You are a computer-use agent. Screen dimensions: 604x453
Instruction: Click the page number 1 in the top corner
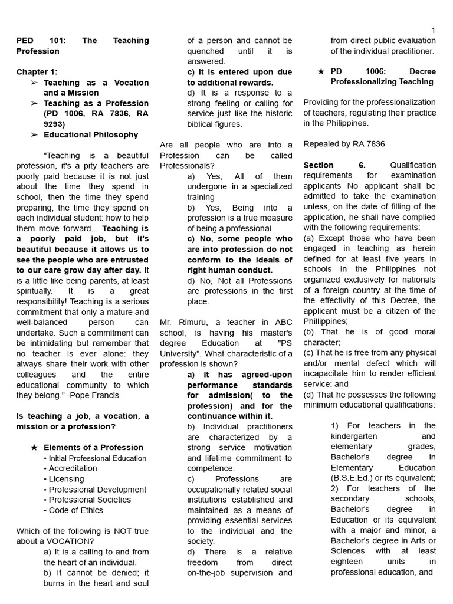433,31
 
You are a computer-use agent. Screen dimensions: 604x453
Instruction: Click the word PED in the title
26,41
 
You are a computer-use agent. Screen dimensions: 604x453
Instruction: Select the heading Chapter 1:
37,72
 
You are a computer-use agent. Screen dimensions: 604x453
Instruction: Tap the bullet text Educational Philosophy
91,134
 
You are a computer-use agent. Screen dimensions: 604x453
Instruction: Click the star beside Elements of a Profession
34,448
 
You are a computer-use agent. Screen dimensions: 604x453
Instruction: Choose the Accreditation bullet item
73,468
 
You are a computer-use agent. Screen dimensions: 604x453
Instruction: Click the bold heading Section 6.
334,165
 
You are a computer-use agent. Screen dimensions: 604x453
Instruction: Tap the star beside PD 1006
320,71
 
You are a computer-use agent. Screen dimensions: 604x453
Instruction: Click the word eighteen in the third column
347,562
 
